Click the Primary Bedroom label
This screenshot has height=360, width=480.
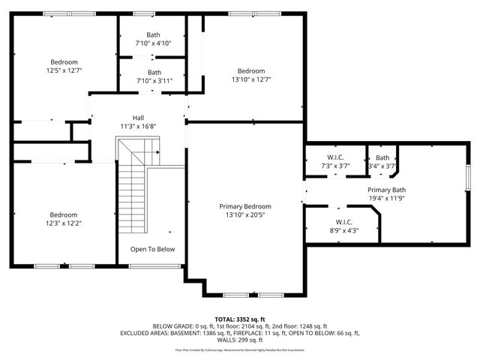pos(244,206)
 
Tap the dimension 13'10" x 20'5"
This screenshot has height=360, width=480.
pos(244,214)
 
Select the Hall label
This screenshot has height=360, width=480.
pos(138,118)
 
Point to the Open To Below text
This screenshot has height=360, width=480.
pos(152,249)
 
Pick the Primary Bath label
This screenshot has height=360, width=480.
pos(386,190)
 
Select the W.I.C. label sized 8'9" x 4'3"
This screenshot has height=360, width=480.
pos(343,222)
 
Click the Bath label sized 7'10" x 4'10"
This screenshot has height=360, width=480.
pos(153,34)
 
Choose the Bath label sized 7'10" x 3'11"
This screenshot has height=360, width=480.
pos(153,73)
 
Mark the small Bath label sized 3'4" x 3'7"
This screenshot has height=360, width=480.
pos(382,157)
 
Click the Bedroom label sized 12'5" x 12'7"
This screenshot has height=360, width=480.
pos(64,62)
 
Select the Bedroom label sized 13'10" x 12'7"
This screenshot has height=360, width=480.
pos(251,71)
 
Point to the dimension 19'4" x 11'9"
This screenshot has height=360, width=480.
pos(386,199)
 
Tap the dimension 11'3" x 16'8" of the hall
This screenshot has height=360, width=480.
pos(138,127)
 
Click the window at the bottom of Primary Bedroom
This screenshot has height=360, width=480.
pos(244,293)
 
